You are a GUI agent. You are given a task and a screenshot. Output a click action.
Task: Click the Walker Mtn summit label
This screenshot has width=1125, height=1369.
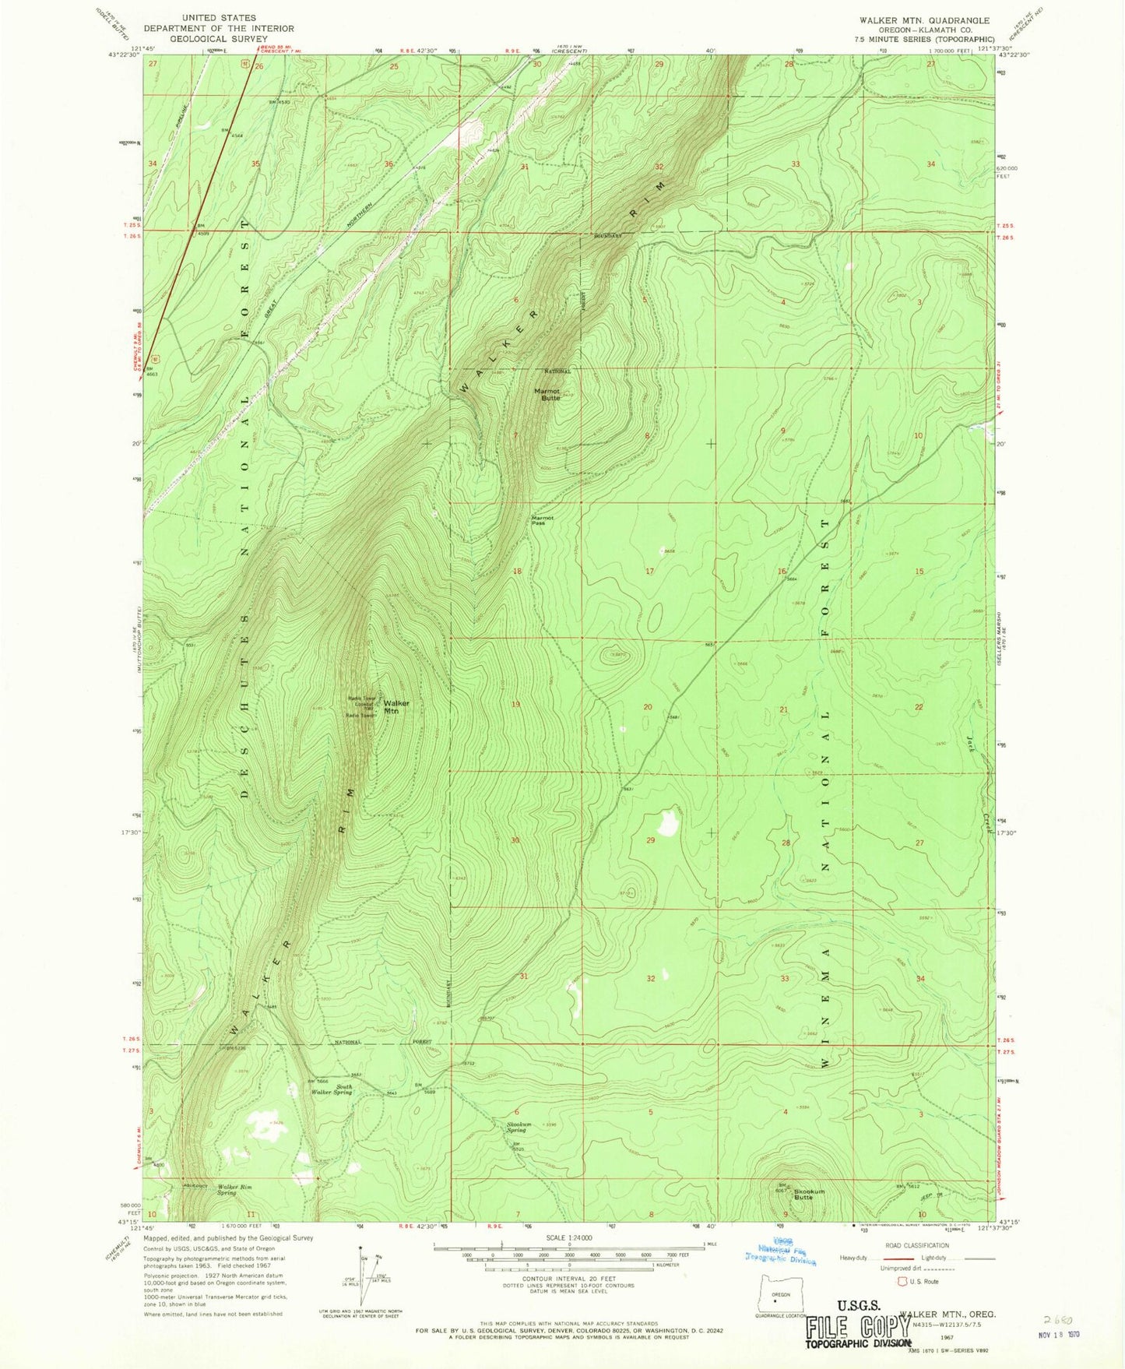coord(396,707)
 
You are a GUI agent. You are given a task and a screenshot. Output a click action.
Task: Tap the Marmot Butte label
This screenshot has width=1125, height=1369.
coord(551,394)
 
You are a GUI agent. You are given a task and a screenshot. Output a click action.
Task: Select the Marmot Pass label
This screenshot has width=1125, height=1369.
coord(542,520)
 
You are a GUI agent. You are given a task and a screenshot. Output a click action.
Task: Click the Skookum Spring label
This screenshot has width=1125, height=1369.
coord(518,1126)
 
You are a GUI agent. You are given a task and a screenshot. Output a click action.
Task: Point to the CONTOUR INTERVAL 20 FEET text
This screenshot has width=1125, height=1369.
coord(571,1279)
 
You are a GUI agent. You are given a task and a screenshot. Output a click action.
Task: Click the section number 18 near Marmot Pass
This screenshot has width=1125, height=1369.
coord(517,571)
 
